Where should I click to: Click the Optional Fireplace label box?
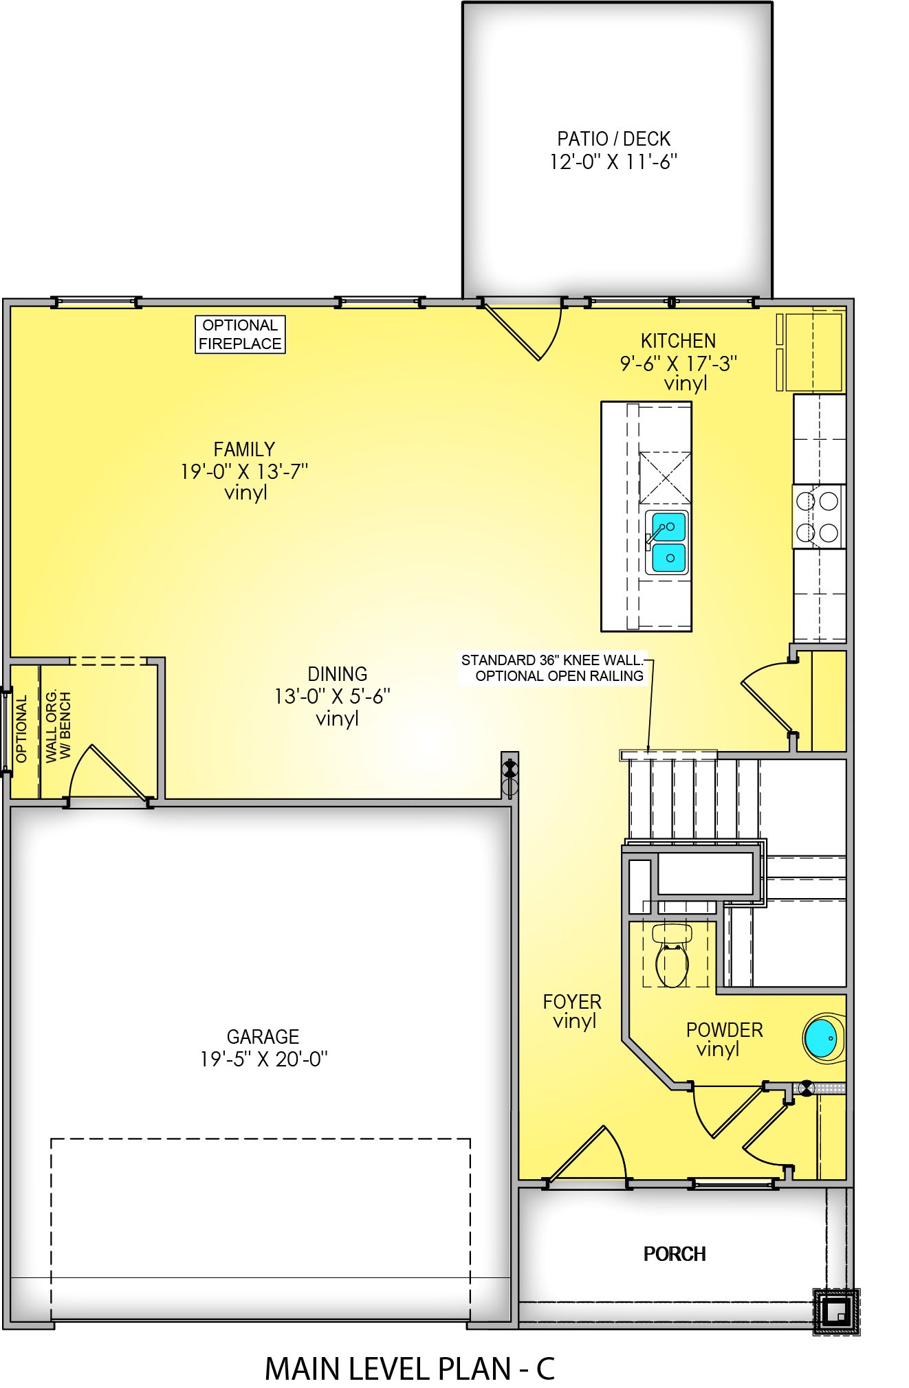point(240,335)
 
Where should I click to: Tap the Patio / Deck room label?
point(613,139)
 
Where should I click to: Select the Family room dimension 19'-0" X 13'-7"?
point(244,472)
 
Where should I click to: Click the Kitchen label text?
point(678,341)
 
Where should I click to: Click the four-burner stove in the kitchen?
point(818,517)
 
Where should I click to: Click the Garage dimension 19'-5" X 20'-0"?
point(263,1060)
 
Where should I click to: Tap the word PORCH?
point(675,1254)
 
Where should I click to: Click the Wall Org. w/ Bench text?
point(58,726)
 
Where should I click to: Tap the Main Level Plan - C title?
point(409,1369)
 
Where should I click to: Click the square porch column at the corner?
point(836,1312)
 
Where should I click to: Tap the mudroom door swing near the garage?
point(110,773)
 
